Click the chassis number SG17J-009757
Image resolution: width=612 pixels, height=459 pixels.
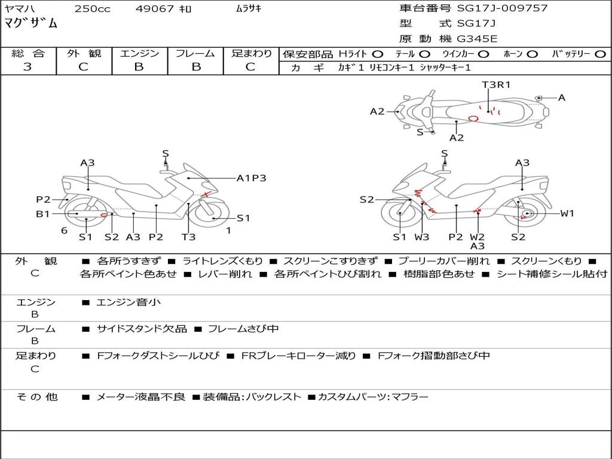(502, 8)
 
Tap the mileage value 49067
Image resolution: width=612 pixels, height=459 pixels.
(154, 8)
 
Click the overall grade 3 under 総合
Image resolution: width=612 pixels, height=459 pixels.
(27, 66)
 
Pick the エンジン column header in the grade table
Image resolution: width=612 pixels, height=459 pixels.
(139, 53)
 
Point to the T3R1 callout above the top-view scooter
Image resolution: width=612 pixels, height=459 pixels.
(496, 85)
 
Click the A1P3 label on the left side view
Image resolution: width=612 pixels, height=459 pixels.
(252, 178)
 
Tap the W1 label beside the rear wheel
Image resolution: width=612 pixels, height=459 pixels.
(567, 213)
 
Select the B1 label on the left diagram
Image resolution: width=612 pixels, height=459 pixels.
(43, 213)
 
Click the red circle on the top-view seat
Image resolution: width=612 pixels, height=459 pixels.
(473, 118)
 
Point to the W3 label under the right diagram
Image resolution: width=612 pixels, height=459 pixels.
(421, 237)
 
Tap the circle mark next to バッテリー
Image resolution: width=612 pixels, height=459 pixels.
(600, 54)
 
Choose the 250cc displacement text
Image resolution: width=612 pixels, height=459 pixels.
(93, 8)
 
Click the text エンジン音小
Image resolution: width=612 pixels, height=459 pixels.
(128, 302)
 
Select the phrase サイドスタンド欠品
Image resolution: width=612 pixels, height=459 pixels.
(142, 329)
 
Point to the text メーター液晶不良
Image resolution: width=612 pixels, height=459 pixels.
(140, 397)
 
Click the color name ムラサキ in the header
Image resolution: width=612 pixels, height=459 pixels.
(249, 8)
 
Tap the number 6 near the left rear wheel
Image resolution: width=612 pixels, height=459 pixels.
(65, 231)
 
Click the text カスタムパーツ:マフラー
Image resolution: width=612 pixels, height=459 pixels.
(373, 397)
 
